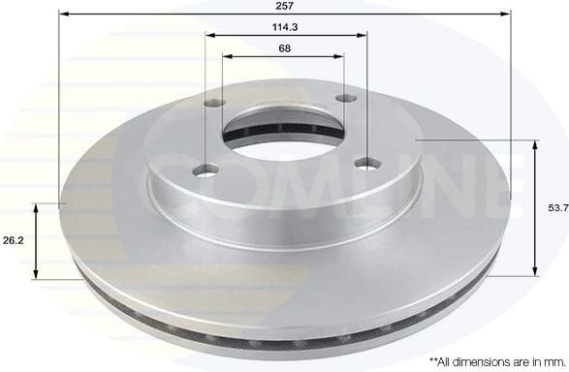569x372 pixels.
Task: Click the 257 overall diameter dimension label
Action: click(x=285, y=6)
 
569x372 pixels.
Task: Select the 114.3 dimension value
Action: click(x=285, y=27)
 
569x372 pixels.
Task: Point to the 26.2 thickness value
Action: click(x=14, y=239)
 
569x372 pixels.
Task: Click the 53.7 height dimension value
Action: click(x=556, y=207)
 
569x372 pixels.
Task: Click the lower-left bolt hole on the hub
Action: click(x=204, y=171)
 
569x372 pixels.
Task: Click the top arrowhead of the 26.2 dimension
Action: click(x=37, y=208)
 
